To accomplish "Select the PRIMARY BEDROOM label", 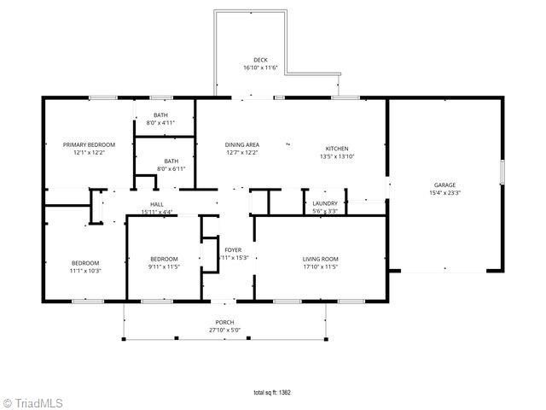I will pos(89,144).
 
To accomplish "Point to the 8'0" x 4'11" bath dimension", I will pos(160,123).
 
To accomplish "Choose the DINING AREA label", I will pos(242,144).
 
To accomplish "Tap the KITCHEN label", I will pos(336,148).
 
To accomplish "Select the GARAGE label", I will pos(444,184).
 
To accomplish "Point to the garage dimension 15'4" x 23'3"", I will pos(444,193).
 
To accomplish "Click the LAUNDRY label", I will pos(325,203).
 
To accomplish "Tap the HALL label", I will pos(157,204).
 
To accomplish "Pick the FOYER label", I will pos(233,249).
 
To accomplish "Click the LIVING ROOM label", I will pos(321,259).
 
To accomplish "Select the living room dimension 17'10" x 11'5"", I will pos(321,267).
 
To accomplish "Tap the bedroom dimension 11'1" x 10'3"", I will pos(85,271).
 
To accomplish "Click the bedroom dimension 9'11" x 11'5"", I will pos(164,267).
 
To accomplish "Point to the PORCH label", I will pos(225,322).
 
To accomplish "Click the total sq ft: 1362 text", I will pos(273,393).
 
